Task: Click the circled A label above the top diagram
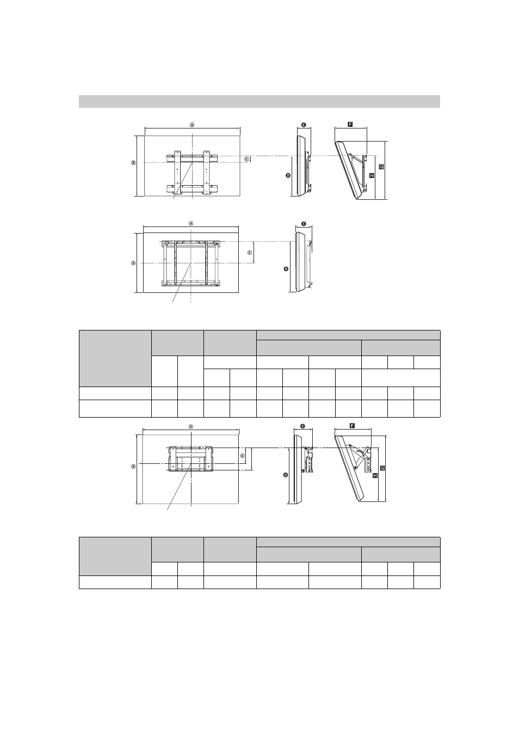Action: click(x=192, y=125)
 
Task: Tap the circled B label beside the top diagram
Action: click(x=133, y=162)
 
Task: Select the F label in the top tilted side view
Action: click(x=350, y=124)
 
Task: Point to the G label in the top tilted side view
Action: click(x=381, y=167)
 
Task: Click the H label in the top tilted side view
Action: click(x=372, y=175)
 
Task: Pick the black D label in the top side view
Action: click(x=288, y=175)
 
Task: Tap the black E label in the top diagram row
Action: click(x=304, y=125)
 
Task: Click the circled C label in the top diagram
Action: click(x=246, y=159)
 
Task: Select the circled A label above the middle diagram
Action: click(x=191, y=223)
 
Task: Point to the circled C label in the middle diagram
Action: click(x=250, y=252)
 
